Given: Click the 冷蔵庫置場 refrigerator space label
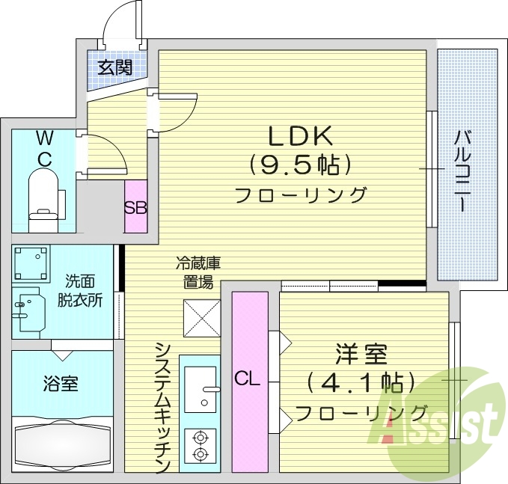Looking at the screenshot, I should pos(198,272).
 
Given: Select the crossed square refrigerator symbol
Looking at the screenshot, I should pos(201,319).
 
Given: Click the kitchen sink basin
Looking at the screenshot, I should pos(200,388).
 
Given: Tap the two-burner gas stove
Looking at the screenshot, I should pos(200,444).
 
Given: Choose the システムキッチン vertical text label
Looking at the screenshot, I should pos(164,408).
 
